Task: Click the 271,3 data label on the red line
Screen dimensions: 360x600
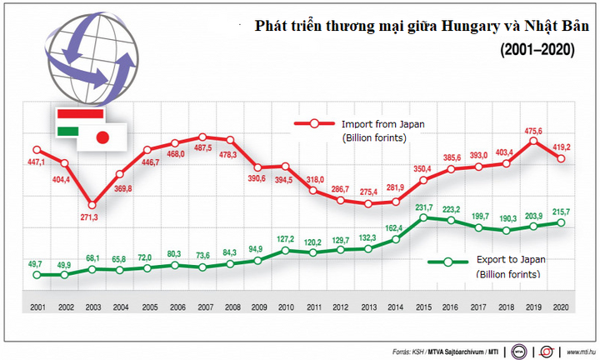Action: (92, 217)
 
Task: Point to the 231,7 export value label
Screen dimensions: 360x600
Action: (422, 207)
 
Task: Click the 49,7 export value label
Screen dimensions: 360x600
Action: (36, 262)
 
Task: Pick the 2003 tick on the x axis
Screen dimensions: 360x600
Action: (92, 307)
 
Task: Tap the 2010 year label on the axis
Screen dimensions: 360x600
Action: (285, 307)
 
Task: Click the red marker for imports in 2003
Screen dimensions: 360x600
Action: (92, 204)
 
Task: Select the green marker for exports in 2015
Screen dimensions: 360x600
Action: (422, 218)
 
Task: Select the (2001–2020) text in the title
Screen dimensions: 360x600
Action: (537, 50)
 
